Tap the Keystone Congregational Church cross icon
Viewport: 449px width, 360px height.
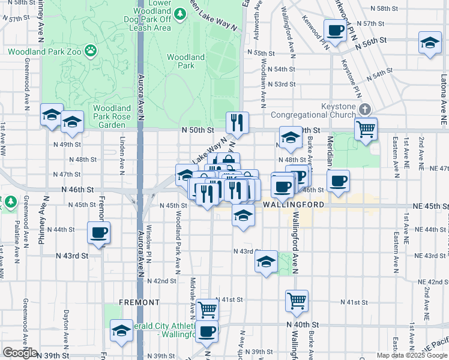[x=364, y=109]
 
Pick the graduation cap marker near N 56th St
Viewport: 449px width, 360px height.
[x=429, y=43]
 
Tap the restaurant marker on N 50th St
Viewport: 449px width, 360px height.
[x=237, y=123]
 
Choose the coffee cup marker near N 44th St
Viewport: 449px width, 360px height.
[x=98, y=233]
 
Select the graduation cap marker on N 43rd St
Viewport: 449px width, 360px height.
[x=266, y=262]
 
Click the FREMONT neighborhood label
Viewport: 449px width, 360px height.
[x=139, y=302]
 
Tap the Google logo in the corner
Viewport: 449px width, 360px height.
[x=20, y=353]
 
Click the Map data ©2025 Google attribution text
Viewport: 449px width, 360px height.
[x=412, y=355]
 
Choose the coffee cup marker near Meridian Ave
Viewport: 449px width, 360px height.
[x=338, y=180]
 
